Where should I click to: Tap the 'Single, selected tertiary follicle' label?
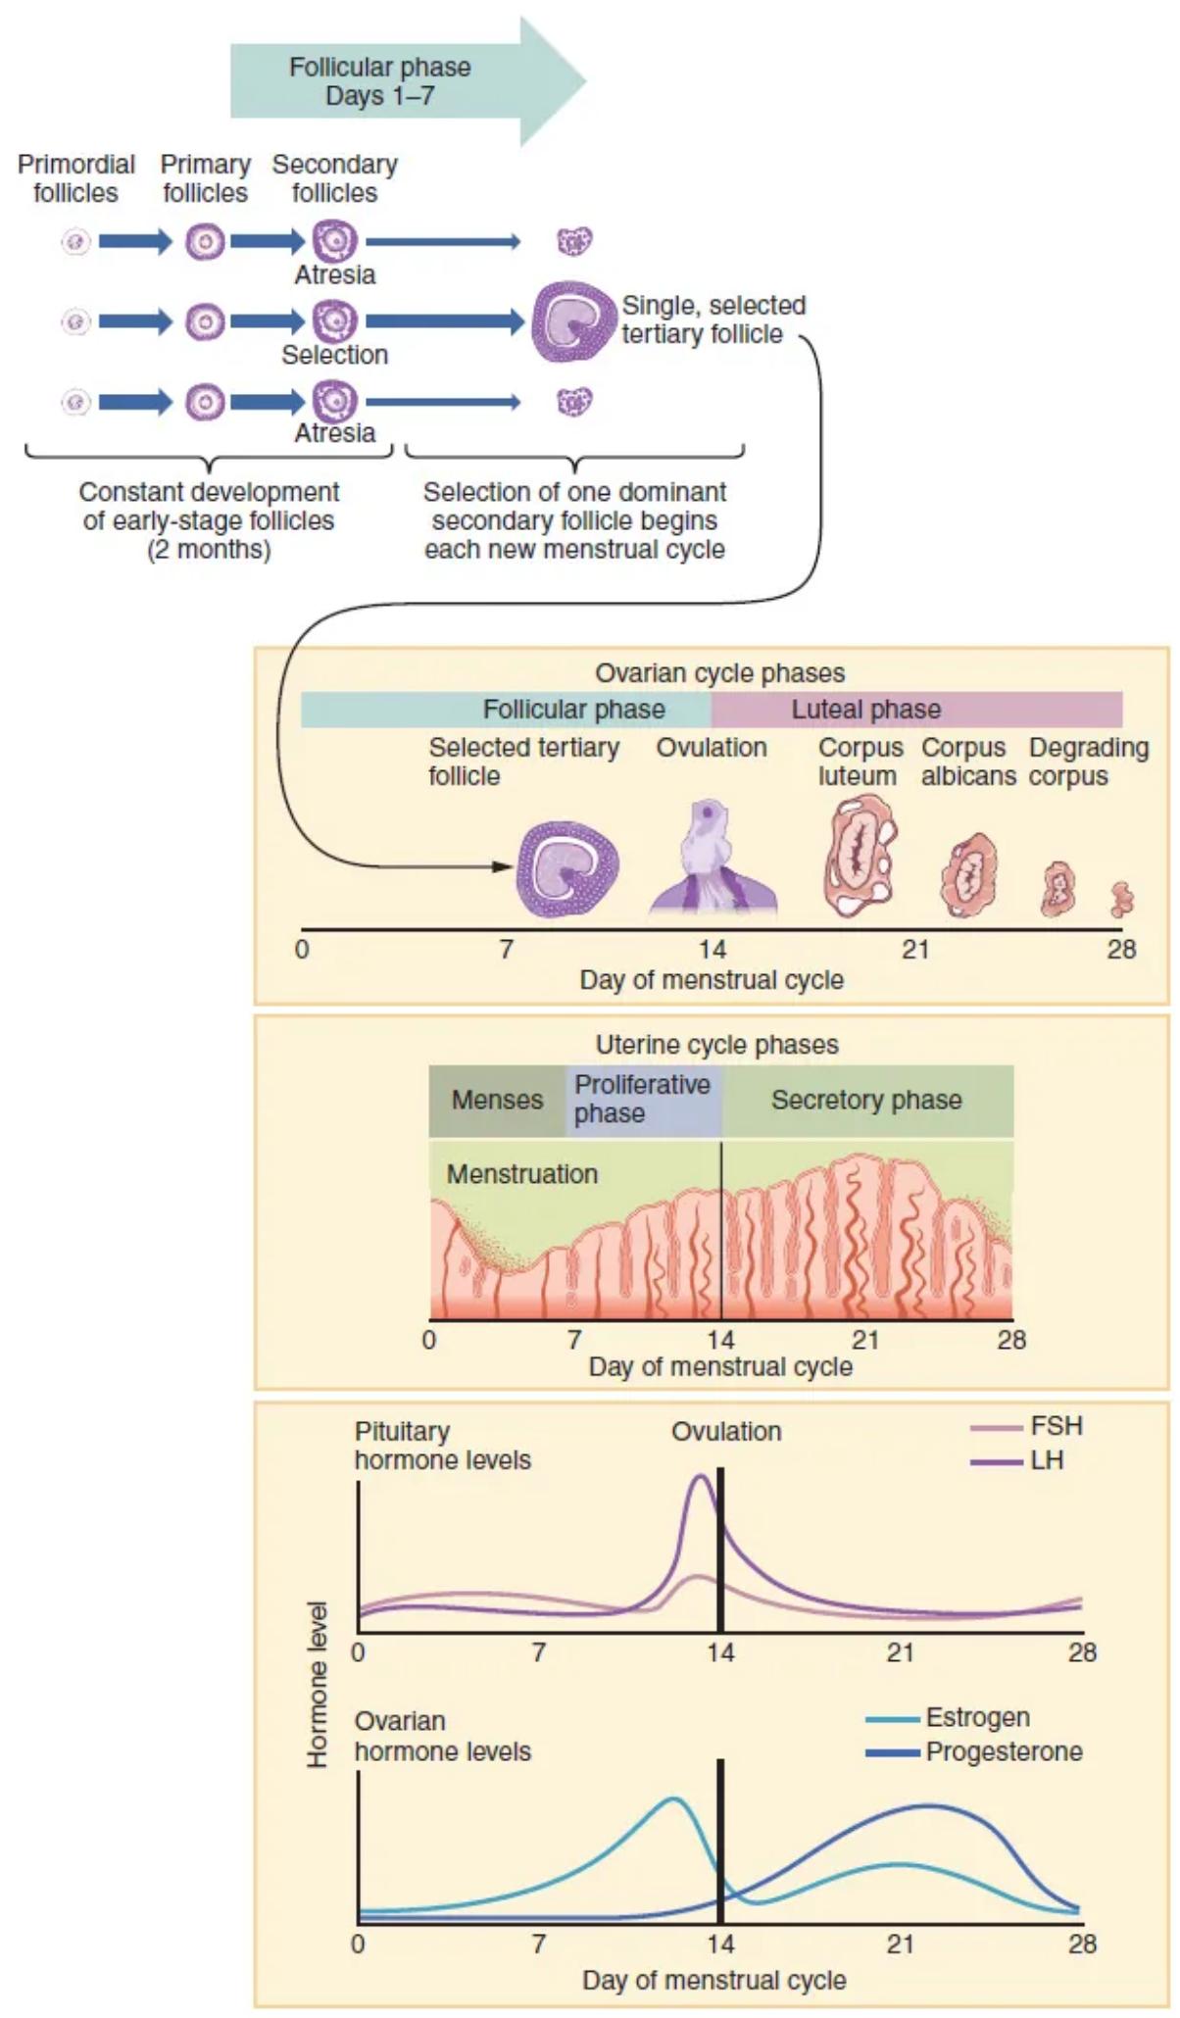(713, 320)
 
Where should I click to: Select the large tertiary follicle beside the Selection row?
(572, 321)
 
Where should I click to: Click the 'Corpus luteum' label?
(860, 762)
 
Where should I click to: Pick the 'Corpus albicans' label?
(967, 762)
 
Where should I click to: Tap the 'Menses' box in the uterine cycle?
(497, 1100)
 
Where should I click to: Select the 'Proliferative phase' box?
(643, 1100)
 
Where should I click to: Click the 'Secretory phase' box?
(866, 1100)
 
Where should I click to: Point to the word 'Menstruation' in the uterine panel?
(521, 1173)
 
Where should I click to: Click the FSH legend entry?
(1027, 1426)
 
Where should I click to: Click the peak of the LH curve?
(700, 1476)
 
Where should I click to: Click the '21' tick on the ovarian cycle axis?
(915, 949)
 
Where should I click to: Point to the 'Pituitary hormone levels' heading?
(442, 1446)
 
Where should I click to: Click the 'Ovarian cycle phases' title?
(719, 673)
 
